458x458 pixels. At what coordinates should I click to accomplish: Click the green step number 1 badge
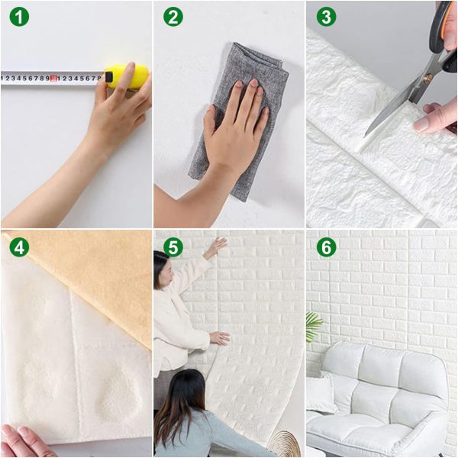click(19, 17)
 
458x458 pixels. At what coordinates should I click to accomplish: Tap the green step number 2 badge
click(173, 17)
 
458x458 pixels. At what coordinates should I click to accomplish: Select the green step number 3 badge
click(327, 17)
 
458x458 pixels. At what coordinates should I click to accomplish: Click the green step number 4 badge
click(19, 247)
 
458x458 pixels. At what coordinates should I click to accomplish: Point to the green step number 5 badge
click(173, 247)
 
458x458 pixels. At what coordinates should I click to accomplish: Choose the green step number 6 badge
click(327, 247)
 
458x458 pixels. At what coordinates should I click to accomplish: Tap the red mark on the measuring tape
click(54, 78)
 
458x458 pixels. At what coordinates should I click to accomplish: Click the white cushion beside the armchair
click(321, 393)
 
